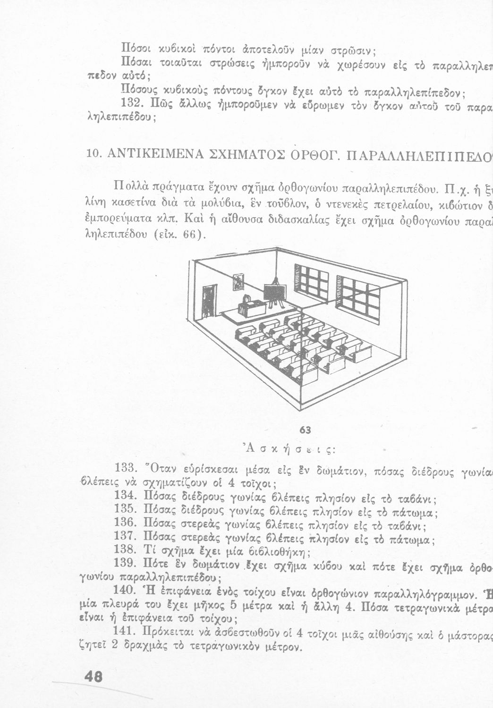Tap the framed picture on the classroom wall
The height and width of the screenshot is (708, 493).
click(239, 282)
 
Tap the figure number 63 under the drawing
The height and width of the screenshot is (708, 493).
click(305, 430)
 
